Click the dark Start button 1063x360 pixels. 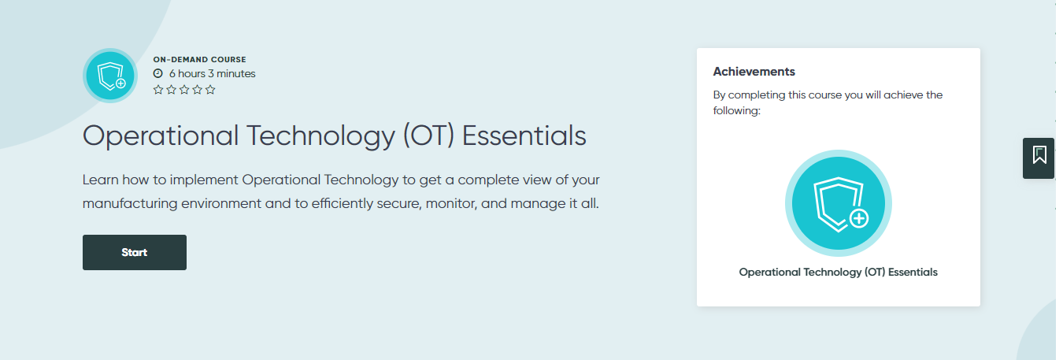click(x=135, y=252)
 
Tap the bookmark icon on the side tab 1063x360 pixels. click(x=1039, y=155)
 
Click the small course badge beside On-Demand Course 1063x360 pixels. click(x=110, y=76)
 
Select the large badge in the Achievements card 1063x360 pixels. click(x=838, y=202)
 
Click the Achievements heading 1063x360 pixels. click(x=754, y=72)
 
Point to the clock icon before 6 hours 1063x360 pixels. click(x=157, y=73)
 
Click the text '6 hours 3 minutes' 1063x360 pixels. click(x=212, y=73)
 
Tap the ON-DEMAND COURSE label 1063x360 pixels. click(x=199, y=59)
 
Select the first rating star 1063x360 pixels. click(x=158, y=90)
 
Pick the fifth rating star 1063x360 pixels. click(x=210, y=90)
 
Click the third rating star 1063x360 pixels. click(x=184, y=90)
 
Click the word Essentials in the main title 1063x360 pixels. click(x=524, y=135)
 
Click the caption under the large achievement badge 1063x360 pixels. click(x=838, y=272)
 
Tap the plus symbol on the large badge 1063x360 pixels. click(x=859, y=218)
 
